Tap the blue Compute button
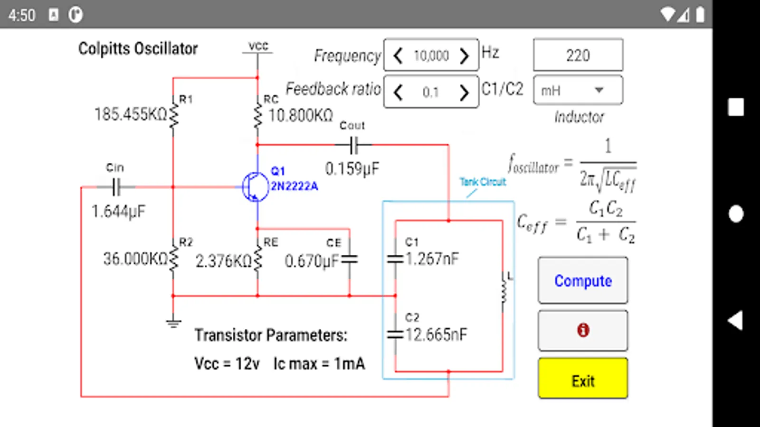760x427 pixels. [x=583, y=280]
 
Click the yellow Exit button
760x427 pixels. [x=583, y=380]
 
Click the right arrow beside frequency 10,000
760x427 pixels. [x=464, y=56]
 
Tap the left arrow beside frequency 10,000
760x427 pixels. [x=398, y=56]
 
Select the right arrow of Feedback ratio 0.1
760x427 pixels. [x=464, y=92]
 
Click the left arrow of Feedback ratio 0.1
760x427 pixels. [x=398, y=92]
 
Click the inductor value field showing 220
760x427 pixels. [x=578, y=55]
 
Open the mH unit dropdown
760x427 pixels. [x=578, y=90]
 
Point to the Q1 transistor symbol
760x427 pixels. [x=255, y=187]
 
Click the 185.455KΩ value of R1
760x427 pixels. [x=131, y=114]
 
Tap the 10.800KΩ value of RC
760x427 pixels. [x=301, y=115]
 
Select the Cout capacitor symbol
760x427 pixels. [x=353, y=145]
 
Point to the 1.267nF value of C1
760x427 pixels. [x=432, y=259]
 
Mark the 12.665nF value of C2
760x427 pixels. [x=436, y=334]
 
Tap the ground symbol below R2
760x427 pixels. [x=173, y=324]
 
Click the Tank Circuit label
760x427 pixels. [x=482, y=182]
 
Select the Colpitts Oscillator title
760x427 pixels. [x=138, y=48]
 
